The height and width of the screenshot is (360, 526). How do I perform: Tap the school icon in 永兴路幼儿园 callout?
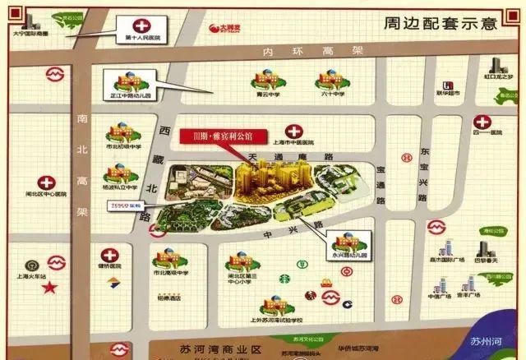coord(344,239)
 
